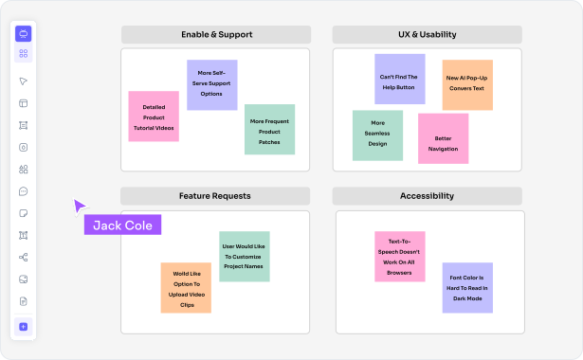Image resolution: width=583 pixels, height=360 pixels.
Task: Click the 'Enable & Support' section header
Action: pyautogui.click(x=215, y=35)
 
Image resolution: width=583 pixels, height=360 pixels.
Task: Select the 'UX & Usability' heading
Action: pyautogui.click(x=427, y=35)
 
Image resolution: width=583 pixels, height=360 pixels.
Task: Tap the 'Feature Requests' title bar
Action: pyautogui.click(x=215, y=196)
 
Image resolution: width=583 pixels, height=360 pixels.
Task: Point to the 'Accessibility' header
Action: pyautogui.click(x=427, y=196)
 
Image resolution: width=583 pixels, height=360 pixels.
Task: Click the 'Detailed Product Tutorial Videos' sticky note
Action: pyautogui.click(x=154, y=117)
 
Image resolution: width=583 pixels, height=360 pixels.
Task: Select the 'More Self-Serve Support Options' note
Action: pyautogui.click(x=211, y=84)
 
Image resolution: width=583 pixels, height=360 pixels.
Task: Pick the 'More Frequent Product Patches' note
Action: pyautogui.click(x=269, y=130)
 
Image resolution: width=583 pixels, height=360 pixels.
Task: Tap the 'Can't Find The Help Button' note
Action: pyautogui.click(x=399, y=80)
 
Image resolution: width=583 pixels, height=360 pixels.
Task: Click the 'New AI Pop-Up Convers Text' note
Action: pyautogui.click(x=467, y=85)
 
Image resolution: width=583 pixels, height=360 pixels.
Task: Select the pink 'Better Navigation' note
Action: pyautogui.click(x=443, y=138)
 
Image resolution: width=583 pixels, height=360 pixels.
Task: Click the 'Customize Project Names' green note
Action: pyautogui.click(x=244, y=256)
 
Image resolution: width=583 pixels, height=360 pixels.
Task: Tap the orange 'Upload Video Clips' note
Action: pyautogui.click(x=186, y=288)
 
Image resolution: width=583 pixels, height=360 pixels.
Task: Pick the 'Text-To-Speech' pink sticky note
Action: pyautogui.click(x=399, y=256)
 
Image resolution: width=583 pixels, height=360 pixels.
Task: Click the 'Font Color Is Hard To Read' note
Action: pyautogui.click(x=467, y=288)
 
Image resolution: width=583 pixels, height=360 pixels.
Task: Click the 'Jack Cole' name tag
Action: pyautogui.click(x=123, y=225)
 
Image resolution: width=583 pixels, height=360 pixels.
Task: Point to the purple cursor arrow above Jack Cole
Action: pyautogui.click(x=81, y=206)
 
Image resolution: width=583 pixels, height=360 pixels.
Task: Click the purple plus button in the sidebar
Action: pyautogui.click(x=24, y=327)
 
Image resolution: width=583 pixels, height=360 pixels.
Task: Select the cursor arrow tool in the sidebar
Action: pyautogui.click(x=24, y=81)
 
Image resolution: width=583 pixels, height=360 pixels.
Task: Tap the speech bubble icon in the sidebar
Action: pyautogui.click(x=24, y=191)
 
